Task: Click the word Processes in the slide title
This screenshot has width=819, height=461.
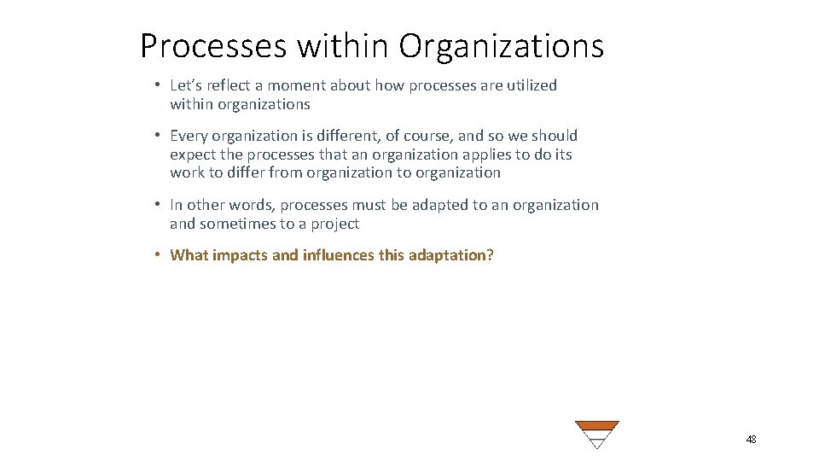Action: (212, 45)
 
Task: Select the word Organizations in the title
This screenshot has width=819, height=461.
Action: (501, 45)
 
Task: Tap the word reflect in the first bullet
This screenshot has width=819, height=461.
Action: (226, 85)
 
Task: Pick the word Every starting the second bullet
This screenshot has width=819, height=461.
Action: (189, 136)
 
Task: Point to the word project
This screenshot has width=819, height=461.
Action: (334, 224)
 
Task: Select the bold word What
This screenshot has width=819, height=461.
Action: (189, 254)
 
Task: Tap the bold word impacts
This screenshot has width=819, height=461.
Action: (240, 254)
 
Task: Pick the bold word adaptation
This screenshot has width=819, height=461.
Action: (446, 254)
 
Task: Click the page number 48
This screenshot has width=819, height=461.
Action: (751, 439)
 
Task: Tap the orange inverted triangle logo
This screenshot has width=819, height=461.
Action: (596, 434)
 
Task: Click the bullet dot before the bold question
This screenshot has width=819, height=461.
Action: (159, 254)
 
